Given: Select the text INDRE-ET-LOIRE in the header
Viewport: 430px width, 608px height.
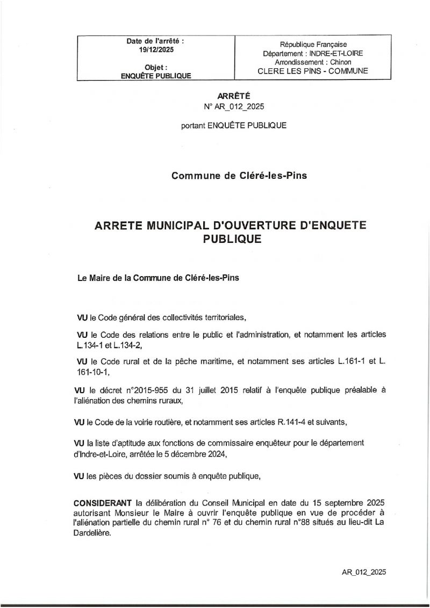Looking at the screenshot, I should click(x=336, y=54).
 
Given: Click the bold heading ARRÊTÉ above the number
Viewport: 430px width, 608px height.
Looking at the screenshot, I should click(x=234, y=96).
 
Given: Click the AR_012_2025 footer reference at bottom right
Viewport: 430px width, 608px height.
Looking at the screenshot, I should click(x=363, y=572).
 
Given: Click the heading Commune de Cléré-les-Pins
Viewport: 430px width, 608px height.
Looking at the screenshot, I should click(x=239, y=175).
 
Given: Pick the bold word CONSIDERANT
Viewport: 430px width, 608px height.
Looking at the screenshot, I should click(x=103, y=503).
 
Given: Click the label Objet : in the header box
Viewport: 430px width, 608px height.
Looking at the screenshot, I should click(x=156, y=67).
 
